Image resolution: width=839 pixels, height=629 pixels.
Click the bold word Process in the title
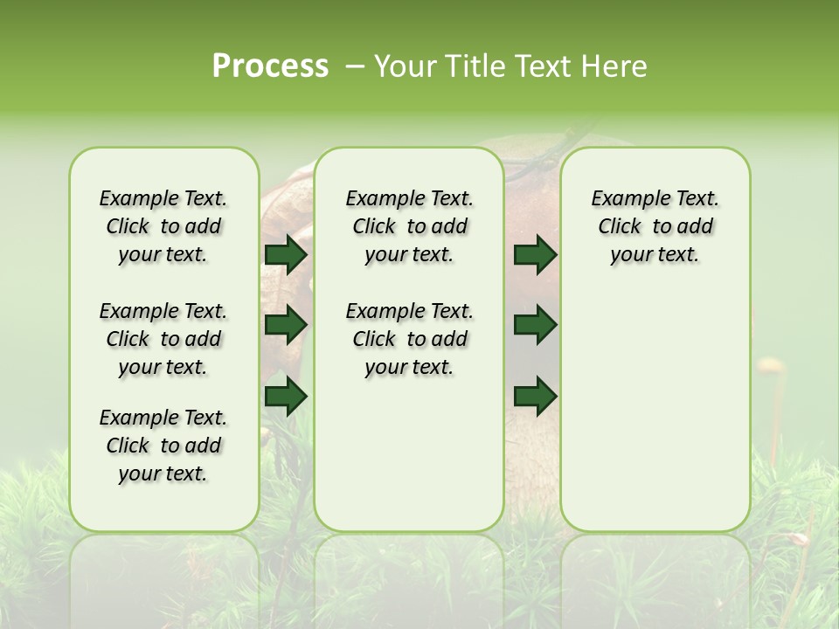pyautogui.click(x=270, y=66)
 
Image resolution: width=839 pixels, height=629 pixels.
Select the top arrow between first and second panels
pyautogui.click(x=286, y=254)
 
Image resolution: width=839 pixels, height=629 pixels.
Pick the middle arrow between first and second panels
pyautogui.click(x=286, y=325)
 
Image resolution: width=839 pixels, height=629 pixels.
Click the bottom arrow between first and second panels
pyautogui.click(x=286, y=396)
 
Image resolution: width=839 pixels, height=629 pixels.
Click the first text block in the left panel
pyautogui.click(x=163, y=226)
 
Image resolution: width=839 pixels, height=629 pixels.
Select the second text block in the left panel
pyautogui.click(x=163, y=339)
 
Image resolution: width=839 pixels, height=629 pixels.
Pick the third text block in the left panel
pyautogui.click(x=163, y=446)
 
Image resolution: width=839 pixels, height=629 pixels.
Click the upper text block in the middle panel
pyautogui.click(x=409, y=226)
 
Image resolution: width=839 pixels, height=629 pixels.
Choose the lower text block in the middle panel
pyautogui.click(x=409, y=339)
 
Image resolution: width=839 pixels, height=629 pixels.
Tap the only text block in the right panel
pyautogui.click(x=655, y=226)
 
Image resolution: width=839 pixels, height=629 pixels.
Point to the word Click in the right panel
pyautogui.click(x=620, y=227)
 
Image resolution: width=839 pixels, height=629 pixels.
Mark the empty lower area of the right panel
pyautogui.click(x=655, y=402)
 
